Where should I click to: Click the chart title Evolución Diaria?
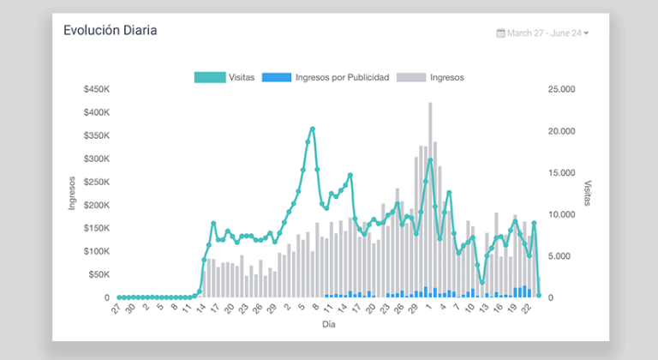click(110, 30)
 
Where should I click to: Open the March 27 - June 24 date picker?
click(543, 33)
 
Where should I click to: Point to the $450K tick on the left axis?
click(96, 89)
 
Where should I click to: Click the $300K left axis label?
click(96, 159)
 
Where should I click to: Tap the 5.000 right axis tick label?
click(564, 255)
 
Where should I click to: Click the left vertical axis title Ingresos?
click(73, 193)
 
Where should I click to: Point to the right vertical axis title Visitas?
click(588, 193)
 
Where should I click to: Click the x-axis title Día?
click(329, 325)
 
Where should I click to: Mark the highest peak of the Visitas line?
click(313, 129)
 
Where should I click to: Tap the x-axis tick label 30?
click(130, 309)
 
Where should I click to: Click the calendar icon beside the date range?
click(500, 33)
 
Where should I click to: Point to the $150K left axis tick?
click(96, 228)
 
